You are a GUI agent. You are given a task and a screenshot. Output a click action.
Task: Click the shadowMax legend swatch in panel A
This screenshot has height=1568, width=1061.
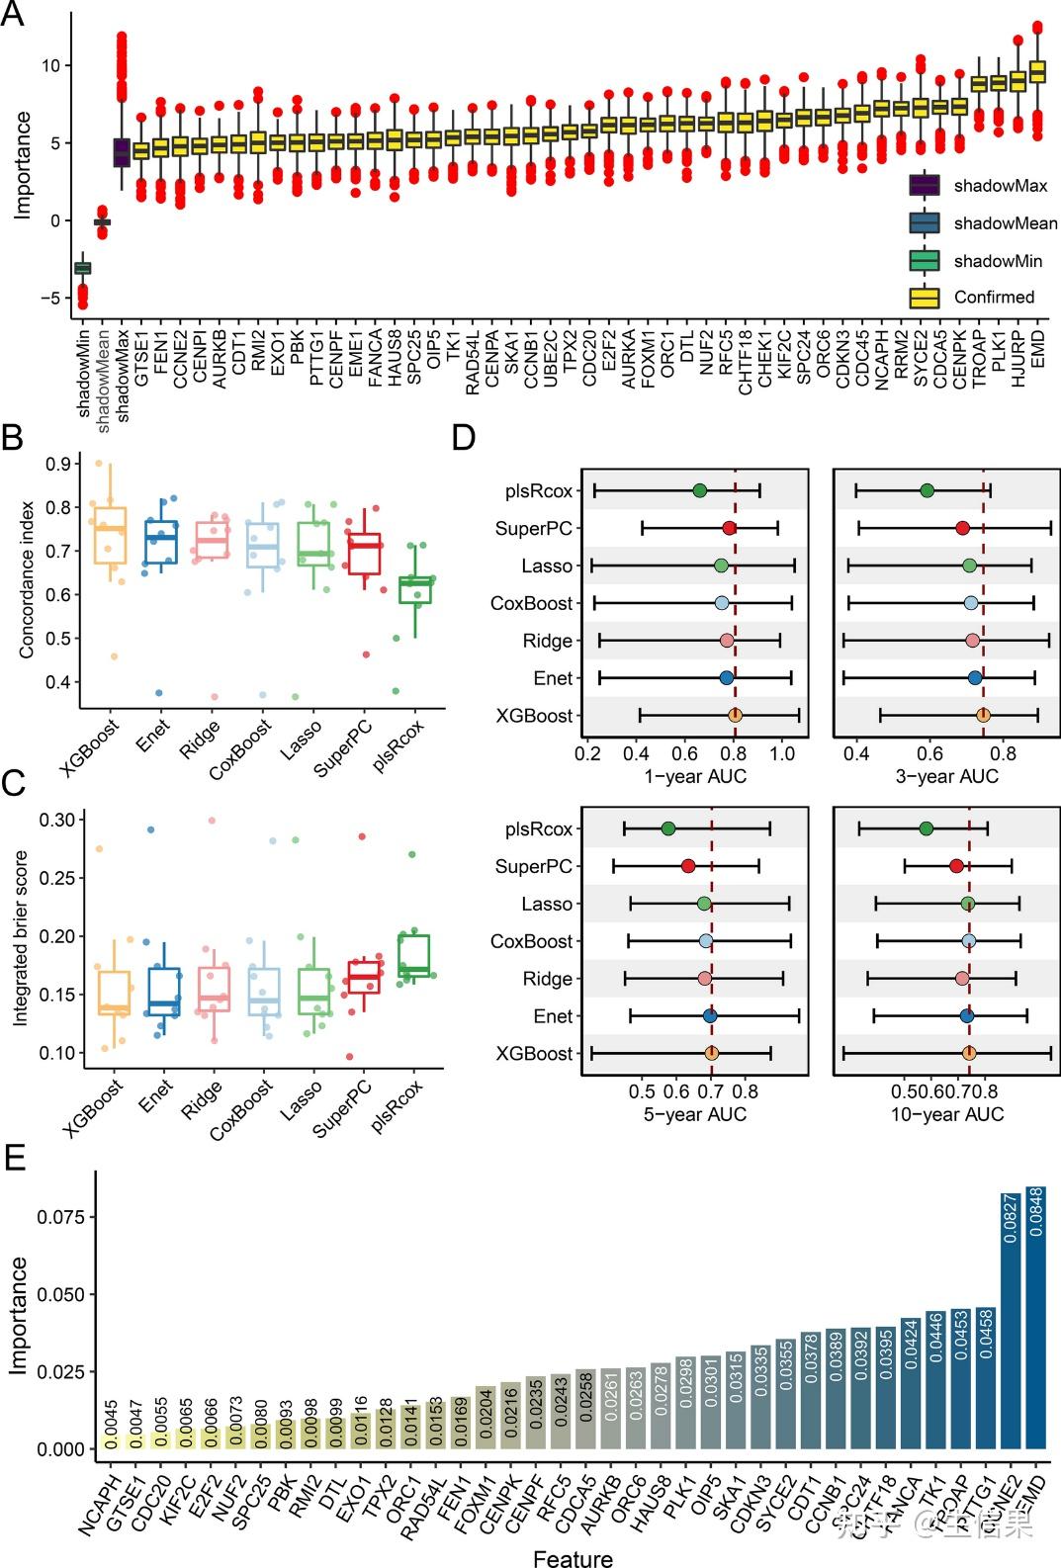[924, 186]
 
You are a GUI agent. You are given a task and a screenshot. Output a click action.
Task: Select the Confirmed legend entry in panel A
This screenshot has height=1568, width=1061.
[993, 298]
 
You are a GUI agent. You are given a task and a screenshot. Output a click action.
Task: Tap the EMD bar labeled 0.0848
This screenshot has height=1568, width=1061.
[1035, 1315]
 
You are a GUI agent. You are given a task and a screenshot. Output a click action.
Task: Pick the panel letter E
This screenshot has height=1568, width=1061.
[15, 1158]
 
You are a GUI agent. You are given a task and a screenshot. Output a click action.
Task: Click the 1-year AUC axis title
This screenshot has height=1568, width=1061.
[695, 776]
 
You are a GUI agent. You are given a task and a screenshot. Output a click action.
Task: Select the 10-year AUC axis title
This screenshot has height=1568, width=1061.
[946, 1114]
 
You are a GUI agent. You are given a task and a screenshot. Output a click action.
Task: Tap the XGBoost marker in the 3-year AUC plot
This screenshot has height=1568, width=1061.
[983, 716]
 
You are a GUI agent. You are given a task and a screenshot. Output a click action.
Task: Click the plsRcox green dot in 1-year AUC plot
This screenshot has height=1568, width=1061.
[700, 491]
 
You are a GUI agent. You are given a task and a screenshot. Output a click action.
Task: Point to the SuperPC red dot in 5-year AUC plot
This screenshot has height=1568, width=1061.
[688, 867]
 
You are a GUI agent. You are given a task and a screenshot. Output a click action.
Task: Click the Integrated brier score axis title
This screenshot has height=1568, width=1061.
[21, 937]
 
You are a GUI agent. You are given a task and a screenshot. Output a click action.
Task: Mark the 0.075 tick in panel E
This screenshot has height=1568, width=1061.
[61, 1217]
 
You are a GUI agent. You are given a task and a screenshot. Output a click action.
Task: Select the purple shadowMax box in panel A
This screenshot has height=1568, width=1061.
[122, 152]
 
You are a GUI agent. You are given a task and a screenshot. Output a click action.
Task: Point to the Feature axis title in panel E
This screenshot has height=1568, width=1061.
[573, 1558]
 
